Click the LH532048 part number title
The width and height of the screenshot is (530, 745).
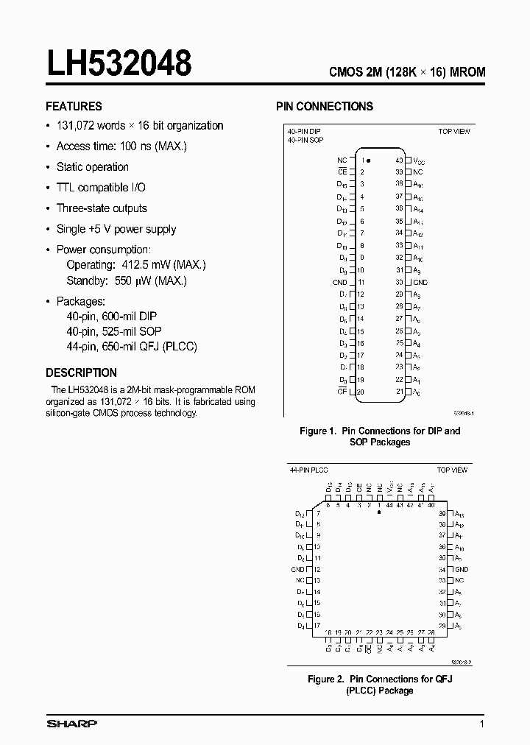pyautogui.click(x=119, y=64)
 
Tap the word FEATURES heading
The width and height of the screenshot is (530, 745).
pyautogui.click(x=74, y=106)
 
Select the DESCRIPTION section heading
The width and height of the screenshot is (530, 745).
pyautogui.click(x=81, y=372)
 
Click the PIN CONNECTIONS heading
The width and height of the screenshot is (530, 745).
pyautogui.click(x=325, y=106)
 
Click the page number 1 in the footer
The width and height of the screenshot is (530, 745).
pyautogui.click(x=481, y=724)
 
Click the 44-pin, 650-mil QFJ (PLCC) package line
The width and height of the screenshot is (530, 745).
pyautogui.click(x=132, y=346)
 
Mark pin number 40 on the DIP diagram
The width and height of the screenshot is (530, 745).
pyautogui.click(x=398, y=160)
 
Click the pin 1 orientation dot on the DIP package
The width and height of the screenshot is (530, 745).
pyautogui.click(x=369, y=160)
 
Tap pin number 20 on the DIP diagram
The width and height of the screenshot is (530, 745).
pyautogui.click(x=361, y=392)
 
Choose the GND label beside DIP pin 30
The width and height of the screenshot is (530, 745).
pyautogui.click(x=420, y=282)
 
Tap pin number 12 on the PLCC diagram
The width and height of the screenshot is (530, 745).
pyautogui.click(x=317, y=570)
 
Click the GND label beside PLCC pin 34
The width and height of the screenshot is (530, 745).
pyautogui.click(x=461, y=570)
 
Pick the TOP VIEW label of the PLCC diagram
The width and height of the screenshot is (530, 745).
pyautogui.click(x=453, y=469)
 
